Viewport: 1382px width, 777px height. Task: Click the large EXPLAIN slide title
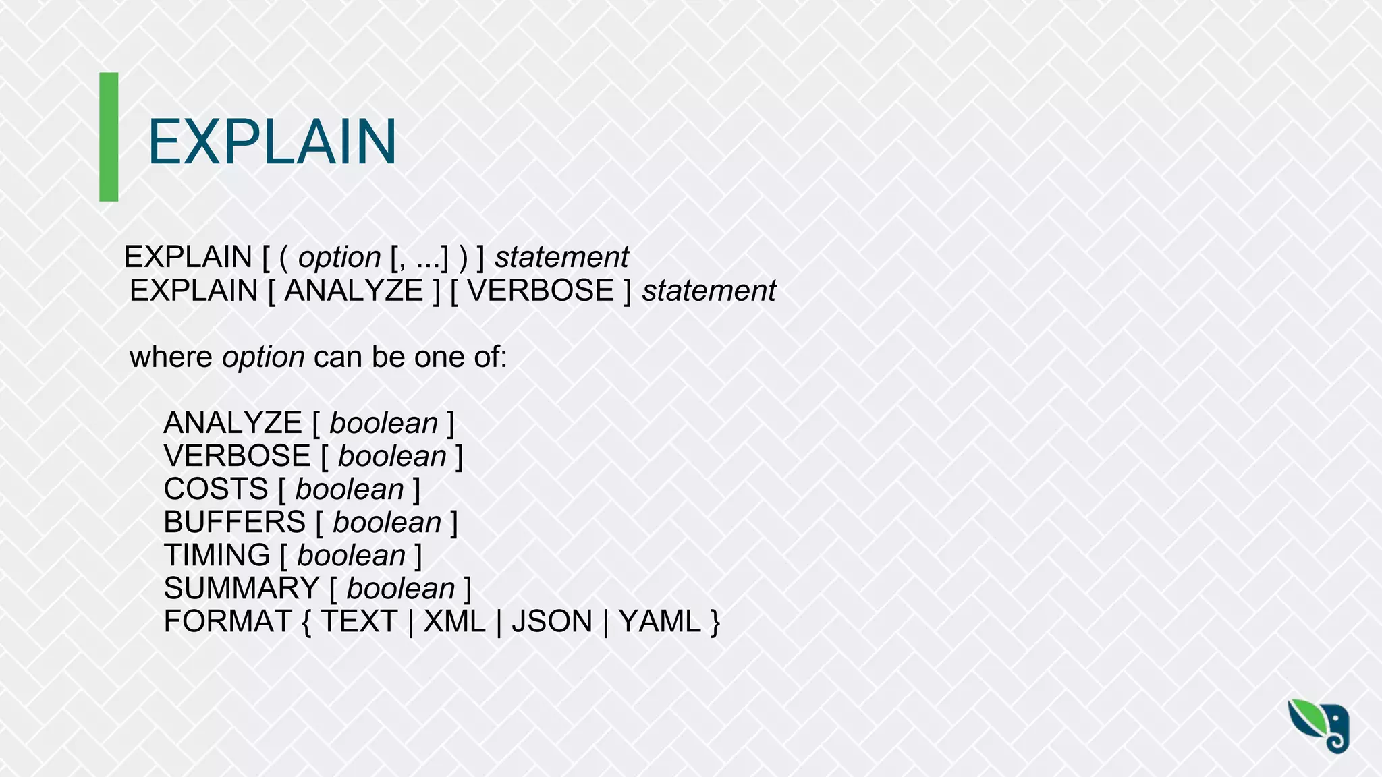tap(272, 142)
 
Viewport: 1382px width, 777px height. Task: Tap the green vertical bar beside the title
tap(109, 137)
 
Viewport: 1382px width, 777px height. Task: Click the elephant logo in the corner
tap(1319, 726)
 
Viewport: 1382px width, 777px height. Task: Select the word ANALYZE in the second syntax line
tap(354, 291)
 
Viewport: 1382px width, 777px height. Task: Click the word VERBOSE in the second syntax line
tap(541, 291)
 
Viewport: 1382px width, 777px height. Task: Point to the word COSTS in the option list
tap(216, 489)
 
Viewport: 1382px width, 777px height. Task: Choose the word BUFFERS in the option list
tap(235, 522)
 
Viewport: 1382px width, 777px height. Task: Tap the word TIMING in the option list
tap(217, 555)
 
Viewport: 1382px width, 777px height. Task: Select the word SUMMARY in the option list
tap(242, 588)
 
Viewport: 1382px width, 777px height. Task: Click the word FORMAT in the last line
tap(227, 621)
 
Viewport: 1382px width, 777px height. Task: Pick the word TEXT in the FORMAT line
tap(358, 621)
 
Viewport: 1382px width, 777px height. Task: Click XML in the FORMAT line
tap(454, 621)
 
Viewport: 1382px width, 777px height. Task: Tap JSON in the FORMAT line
tap(551, 621)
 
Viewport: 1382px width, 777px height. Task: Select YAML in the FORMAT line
tap(659, 621)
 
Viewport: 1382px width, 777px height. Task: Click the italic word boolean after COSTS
tap(350, 489)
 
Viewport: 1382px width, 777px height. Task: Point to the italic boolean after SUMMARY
tap(401, 588)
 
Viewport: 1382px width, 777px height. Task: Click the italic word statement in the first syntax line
tap(561, 257)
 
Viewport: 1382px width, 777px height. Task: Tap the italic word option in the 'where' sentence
tap(263, 357)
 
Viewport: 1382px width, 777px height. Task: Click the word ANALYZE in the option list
tap(233, 423)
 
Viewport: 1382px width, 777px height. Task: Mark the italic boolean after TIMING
tap(351, 555)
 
